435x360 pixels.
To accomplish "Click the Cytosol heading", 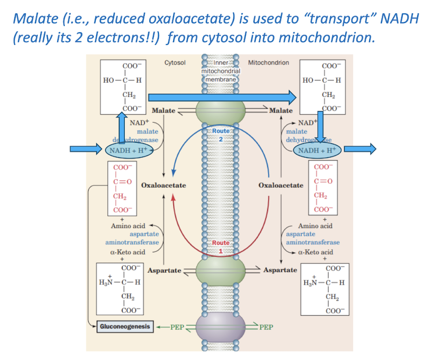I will click(x=175, y=63).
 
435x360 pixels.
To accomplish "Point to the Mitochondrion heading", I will click(x=268, y=63).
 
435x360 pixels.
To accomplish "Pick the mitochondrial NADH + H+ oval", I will click(x=317, y=150).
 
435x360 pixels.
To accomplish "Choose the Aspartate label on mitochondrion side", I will click(x=280, y=270).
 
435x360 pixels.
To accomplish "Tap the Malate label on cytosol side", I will click(x=164, y=110).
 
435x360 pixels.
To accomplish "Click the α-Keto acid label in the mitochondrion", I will click(x=316, y=252).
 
